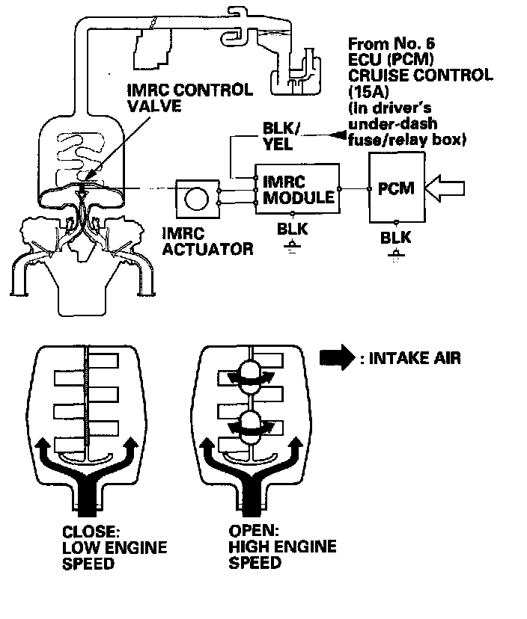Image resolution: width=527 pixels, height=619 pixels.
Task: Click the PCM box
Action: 396,189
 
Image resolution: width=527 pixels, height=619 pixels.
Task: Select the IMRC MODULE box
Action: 297,190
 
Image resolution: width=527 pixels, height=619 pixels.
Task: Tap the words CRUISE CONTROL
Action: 420,76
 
